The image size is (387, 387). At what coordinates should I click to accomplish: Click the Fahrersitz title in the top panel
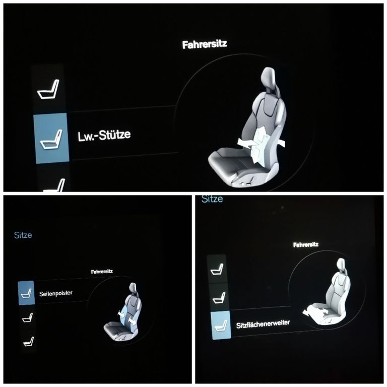coord(205,44)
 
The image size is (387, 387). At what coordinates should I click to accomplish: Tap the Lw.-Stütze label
coord(104,135)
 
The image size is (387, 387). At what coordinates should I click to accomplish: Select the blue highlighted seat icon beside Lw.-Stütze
coord(51,138)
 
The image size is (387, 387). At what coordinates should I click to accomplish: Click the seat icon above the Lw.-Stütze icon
coord(48,89)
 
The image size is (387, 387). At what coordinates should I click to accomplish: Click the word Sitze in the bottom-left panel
coord(23,235)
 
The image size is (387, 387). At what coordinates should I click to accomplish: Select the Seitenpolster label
coord(56,293)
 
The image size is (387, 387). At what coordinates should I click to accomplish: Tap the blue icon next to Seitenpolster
coord(26,293)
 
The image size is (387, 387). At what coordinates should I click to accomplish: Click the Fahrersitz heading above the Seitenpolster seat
coord(102,272)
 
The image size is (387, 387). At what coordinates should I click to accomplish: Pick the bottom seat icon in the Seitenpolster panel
coord(28,341)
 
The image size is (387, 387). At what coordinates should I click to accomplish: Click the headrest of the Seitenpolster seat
coord(133,288)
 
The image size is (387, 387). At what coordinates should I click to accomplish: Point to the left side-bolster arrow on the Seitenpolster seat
coord(121,313)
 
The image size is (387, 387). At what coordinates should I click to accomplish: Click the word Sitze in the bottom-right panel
coord(212,199)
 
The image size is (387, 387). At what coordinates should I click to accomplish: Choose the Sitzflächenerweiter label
coord(263,324)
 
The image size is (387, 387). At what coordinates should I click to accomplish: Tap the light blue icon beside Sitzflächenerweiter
coord(221,326)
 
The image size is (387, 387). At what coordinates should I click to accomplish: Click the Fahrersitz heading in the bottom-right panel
coord(306,244)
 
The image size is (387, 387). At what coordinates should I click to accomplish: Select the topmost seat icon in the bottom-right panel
coord(217,269)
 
